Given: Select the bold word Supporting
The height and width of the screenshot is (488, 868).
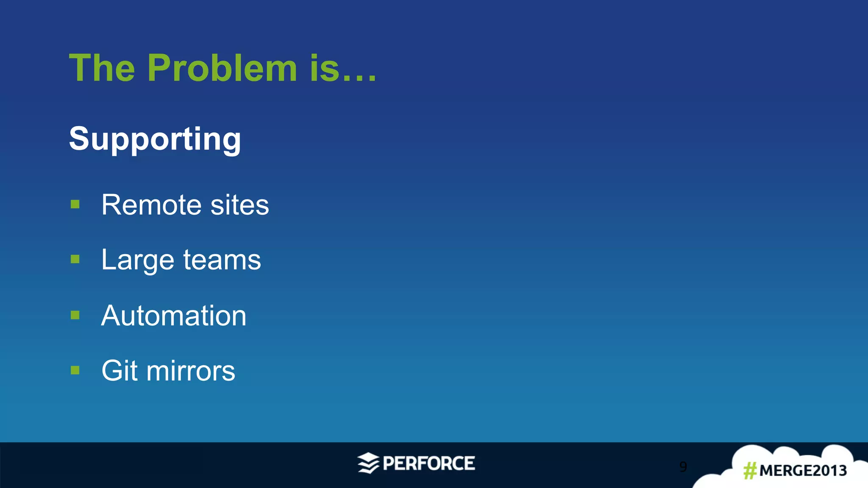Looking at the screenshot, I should point(155,139).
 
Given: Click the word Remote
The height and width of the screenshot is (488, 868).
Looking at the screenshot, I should point(151,205).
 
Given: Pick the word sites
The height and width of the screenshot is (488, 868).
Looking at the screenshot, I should point(239,205).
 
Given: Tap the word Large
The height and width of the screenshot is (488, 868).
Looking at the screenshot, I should point(138,260).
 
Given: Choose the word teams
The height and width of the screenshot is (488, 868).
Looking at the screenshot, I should point(222,260).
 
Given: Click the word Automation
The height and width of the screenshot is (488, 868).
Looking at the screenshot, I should point(174,316).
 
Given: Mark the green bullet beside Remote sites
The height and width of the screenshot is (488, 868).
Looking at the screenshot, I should point(75,205).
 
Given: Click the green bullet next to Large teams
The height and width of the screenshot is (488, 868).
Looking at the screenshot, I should point(75,259).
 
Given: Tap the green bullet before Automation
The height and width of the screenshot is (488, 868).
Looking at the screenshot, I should point(75,315).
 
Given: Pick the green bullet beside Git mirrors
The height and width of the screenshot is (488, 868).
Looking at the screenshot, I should point(75,371).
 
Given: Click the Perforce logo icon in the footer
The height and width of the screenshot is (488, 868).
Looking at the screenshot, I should point(368,463).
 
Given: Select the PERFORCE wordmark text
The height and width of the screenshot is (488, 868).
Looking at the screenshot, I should point(428,463).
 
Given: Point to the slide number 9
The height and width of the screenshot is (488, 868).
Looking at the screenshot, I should point(683,466).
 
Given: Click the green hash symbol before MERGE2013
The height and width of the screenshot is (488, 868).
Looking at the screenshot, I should point(750,471).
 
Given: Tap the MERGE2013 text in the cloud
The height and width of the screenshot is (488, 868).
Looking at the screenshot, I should point(803,471).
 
